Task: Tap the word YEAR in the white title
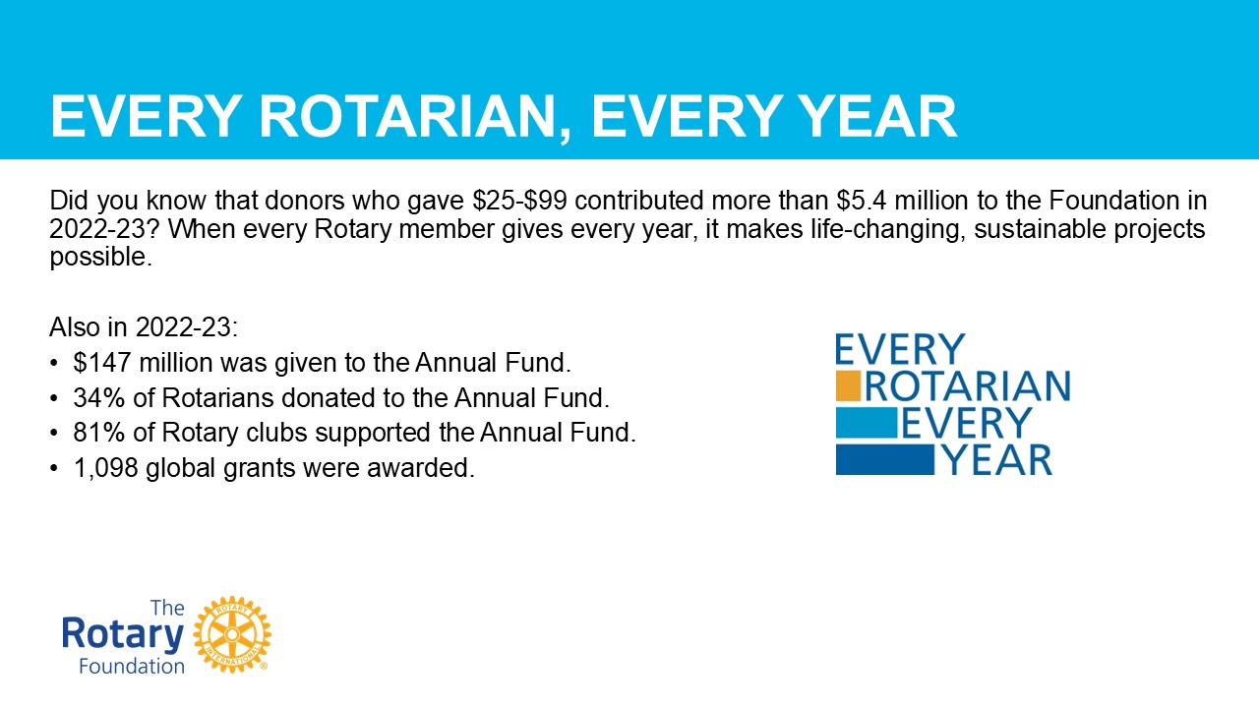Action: coord(877,116)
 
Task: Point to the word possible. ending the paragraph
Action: coord(101,258)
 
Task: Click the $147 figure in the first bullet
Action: coord(102,363)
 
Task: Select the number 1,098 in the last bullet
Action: coord(105,468)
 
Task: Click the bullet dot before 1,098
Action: coord(54,468)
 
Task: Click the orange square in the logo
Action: coord(848,385)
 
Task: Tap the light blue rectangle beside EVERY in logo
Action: coord(867,423)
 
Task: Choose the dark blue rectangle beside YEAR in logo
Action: coord(884,459)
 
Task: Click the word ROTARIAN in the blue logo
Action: coord(968,386)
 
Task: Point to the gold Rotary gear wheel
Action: coord(232,634)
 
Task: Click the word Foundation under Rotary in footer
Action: coord(132,667)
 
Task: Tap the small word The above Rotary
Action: coord(167,608)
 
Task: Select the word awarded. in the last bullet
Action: coord(421,468)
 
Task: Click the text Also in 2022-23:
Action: coord(144,327)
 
